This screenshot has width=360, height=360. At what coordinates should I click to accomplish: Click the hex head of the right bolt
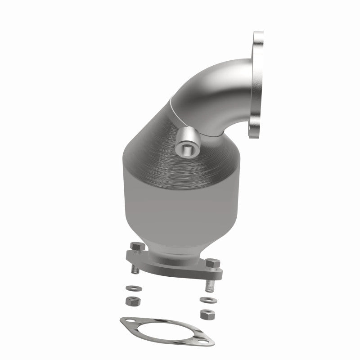(211, 262)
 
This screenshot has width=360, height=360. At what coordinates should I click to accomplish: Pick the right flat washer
(202, 299)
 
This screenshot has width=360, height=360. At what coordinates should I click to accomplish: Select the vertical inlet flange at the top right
(257, 85)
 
